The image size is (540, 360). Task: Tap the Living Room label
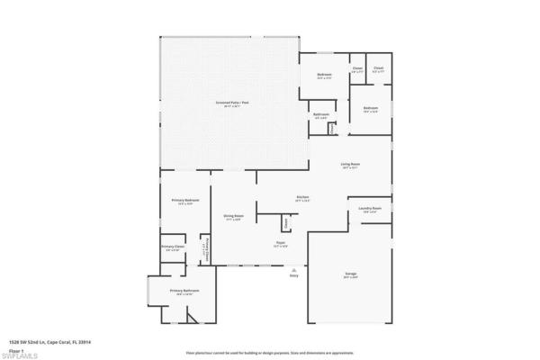[350, 165]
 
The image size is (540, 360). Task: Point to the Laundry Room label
[371, 210]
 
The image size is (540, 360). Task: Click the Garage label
[350, 275]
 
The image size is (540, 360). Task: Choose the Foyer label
[281, 244]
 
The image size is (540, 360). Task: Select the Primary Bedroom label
[185, 202]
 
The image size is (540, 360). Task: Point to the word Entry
[293, 275]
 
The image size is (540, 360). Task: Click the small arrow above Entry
[293, 268]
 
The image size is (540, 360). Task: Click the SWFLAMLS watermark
[20, 355]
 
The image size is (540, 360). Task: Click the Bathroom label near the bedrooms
[320, 115]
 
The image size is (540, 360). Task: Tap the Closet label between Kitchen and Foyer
[286, 222]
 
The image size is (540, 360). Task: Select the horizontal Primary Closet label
[172, 247]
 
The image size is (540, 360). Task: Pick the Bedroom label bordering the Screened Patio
[324, 76]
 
